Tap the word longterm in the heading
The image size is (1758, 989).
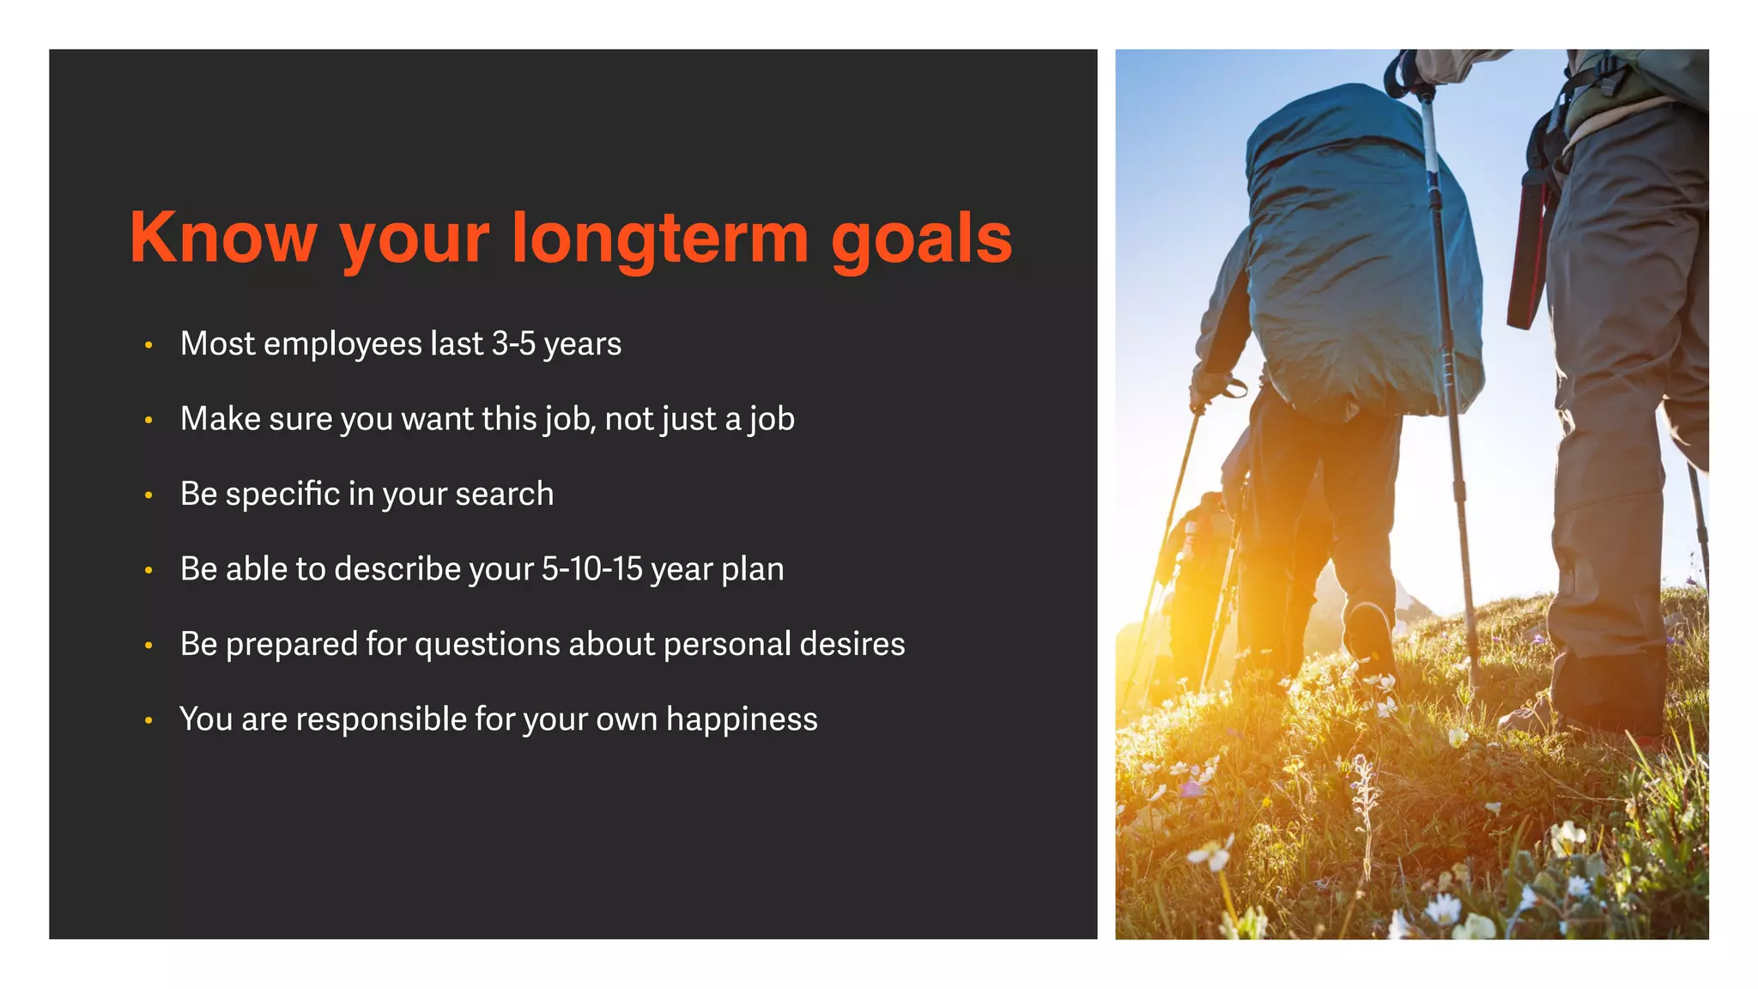click(659, 238)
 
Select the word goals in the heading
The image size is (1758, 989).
click(921, 238)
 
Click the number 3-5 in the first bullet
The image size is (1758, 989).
click(513, 344)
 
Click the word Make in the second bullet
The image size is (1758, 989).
click(220, 419)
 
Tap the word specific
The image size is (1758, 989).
click(282, 494)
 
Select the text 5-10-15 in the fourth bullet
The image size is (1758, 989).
click(591, 569)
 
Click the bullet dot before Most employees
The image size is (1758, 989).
click(149, 345)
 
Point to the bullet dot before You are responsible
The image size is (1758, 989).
click(149, 720)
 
